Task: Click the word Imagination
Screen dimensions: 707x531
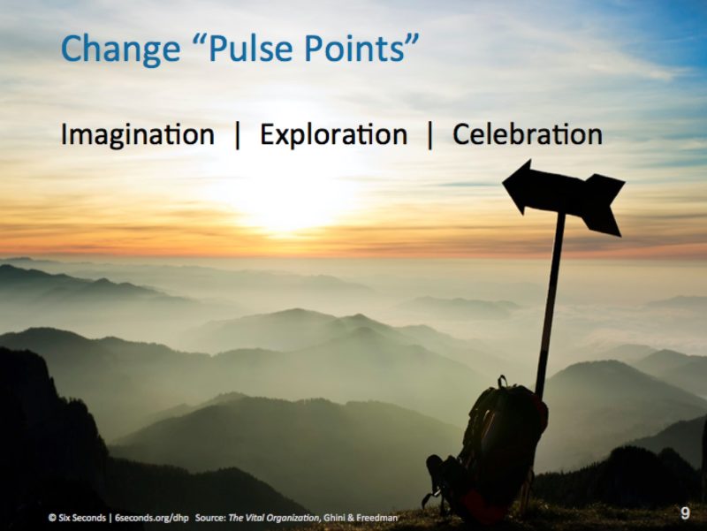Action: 138,135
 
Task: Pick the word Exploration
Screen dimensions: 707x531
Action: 334,135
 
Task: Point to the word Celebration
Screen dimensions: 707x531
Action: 528,134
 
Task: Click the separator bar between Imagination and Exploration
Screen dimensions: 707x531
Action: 238,135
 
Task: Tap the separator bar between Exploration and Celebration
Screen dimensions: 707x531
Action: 430,135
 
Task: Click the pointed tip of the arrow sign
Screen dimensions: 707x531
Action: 503,182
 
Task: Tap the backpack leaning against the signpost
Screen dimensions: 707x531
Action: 490,451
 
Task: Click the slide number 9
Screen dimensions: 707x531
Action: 685,513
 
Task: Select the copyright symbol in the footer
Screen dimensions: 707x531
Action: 52,518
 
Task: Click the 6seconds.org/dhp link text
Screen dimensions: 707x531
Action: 151,518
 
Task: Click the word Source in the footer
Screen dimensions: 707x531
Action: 210,518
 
